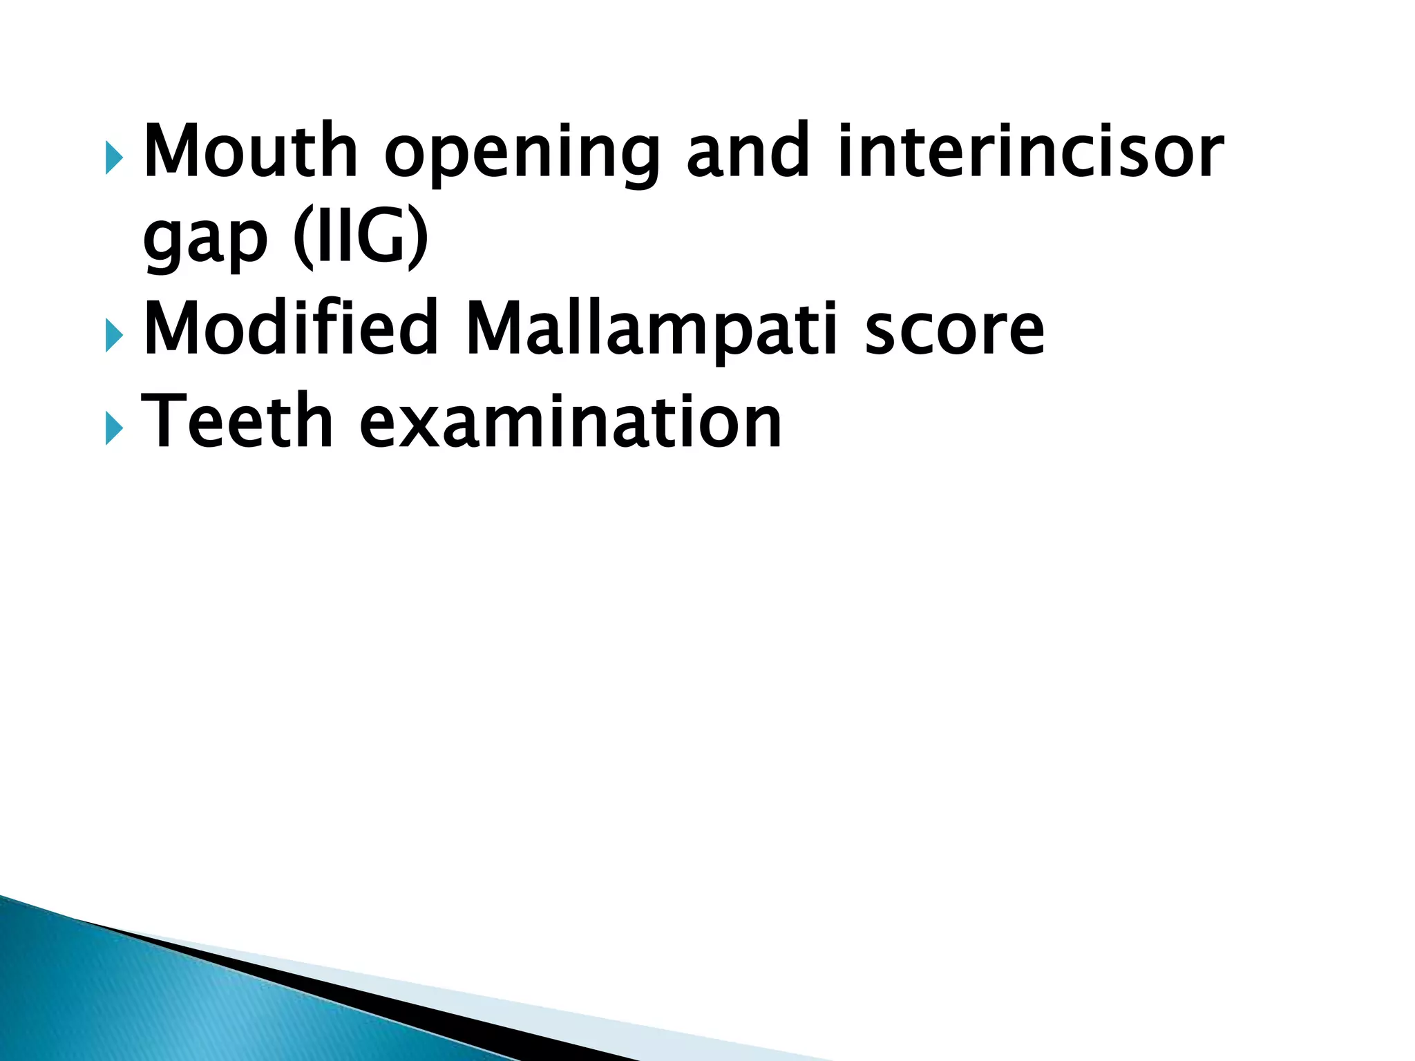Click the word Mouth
[249, 151]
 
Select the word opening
[522, 155]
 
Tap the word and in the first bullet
[748, 151]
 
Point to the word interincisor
[1030, 151]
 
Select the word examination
[571, 420]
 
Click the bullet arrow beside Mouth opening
[114, 159]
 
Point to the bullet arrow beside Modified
[114, 336]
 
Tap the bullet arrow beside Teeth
[114, 429]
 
